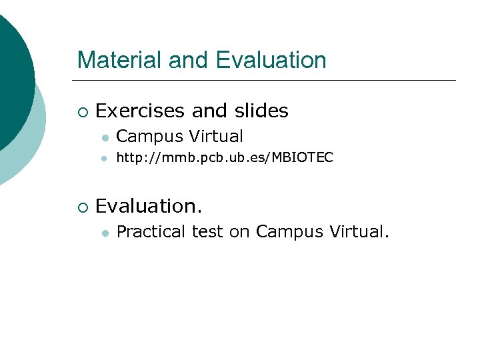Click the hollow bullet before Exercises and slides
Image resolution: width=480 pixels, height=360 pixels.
(81, 111)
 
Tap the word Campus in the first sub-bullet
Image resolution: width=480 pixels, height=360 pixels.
(149, 137)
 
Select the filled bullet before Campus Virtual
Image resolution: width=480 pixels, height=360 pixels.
(105, 137)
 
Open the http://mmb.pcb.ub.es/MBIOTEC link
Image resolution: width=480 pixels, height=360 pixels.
(225, 158)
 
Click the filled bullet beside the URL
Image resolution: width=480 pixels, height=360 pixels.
(105, 159)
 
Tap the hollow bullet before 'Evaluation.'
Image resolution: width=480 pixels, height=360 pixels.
(81, 207)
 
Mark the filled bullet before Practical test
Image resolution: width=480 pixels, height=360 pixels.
(105, 233)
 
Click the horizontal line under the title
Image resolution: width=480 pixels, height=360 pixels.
(267, 81)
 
